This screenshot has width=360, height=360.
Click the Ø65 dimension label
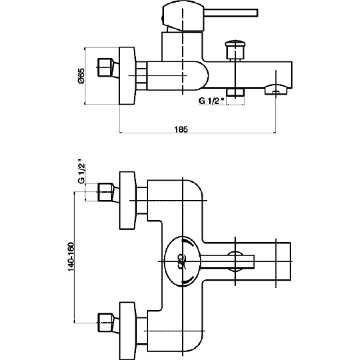coord(81,76)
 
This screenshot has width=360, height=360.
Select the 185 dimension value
coord(181,130)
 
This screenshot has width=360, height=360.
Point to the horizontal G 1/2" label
coord(211,101)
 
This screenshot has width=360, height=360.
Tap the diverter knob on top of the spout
coord(235,50)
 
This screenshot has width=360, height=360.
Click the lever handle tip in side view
coord(255,13)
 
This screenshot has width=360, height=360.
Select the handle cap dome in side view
coord(183,16)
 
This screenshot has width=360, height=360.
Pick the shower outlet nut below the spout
coord(235,92)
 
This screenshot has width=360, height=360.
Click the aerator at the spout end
coord(276,90)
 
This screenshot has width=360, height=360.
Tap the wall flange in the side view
coord(127,76)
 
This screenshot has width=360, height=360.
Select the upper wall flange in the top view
coord(127,200)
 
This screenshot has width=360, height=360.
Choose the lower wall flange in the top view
coord(127,331)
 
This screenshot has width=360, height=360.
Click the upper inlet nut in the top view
coord(105,192)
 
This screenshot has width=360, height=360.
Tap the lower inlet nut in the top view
coord(105,322)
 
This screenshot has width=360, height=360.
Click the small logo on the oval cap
coord(181,261)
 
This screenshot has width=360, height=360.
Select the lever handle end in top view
coord(251,261)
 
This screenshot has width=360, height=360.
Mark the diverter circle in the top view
coord(235,252)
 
